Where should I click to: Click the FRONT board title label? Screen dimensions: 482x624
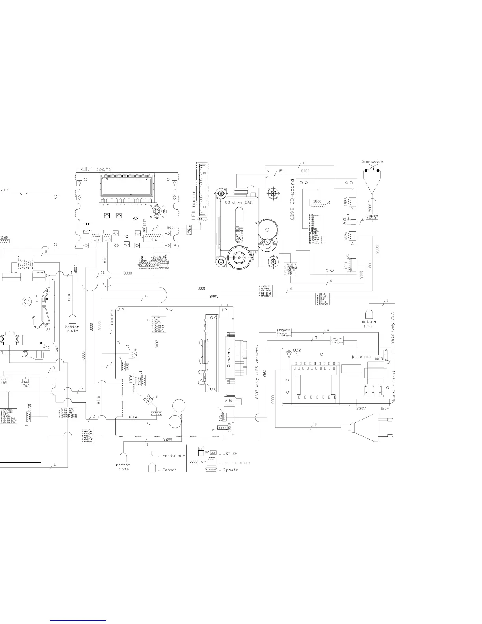coord(94,169)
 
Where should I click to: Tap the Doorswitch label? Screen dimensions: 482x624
coord(371,162)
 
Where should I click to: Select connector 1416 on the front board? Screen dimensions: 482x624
coord(153,239)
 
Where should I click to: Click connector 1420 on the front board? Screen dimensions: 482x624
coord(96,239)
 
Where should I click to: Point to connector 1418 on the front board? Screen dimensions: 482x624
coord(107,239)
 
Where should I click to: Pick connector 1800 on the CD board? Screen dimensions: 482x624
coord(317,202)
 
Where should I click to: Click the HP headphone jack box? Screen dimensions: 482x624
coord(224,310)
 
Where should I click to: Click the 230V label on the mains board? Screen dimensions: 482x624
coord(361,408)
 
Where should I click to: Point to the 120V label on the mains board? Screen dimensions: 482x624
coord(385,408)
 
